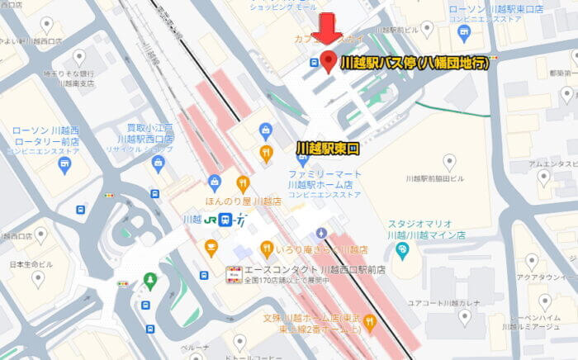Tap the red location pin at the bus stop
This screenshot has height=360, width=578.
[x=328, y=61]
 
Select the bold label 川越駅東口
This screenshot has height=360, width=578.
[x=329, y=148]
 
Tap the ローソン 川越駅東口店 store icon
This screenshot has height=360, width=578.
[x=462, y=33]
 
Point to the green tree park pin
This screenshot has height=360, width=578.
[x=149, y=281]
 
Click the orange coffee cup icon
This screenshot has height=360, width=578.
[x=211, y=247]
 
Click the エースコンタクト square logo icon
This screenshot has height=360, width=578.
[x=234, y=272]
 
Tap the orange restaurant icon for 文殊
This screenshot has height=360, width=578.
[x=371, y=320]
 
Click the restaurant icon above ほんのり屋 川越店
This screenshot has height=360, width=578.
[x=243, y=183]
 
